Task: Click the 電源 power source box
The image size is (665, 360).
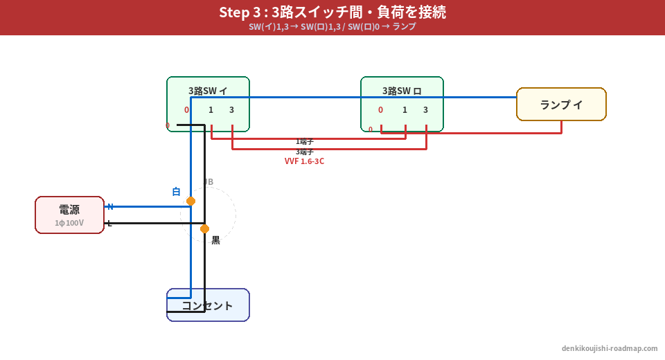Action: click(x=69, y=215)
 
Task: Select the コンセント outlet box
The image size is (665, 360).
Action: click(x=208, y=305)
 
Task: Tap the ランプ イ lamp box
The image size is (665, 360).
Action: click(x=561, y=105)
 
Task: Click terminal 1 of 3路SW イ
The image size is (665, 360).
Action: click(x=211, y=110)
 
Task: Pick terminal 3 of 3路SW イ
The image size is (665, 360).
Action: click(x=231, y=110)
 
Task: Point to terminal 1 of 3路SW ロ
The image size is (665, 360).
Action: click(x=405, y=110)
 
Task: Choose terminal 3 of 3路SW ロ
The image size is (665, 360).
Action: click(x=425, y=110)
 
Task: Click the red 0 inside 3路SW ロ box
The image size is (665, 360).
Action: click(x=380, y=110)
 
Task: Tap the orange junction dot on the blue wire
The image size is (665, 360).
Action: click(x=190, y=201)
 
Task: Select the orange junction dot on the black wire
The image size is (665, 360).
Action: click(x=204, y=228)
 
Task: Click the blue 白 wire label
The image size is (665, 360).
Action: click(x=176, y=192)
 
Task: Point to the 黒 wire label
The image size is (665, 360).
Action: click(x=215, y=240)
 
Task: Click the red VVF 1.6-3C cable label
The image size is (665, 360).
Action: click(x=304, y=161)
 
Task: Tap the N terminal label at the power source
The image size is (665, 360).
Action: click(x=110, y=206)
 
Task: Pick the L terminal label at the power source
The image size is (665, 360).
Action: click(x=109, y=223)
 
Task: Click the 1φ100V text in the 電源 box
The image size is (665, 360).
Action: click(x=69, y=223)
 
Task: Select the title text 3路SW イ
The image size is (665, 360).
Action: click(x=208, y=91)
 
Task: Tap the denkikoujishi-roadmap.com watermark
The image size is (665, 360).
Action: click(x=610, y=348)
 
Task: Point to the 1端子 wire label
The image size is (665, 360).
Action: click(x=305, y=141)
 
